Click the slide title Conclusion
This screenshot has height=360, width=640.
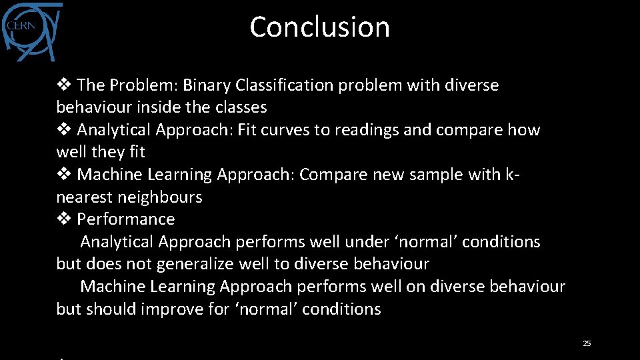coord(319,27)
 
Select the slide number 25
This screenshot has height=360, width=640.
coord(587,343)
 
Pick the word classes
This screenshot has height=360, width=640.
coord(241,107)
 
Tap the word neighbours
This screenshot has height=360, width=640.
coord(160,197)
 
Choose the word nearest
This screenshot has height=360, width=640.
coord(85,197)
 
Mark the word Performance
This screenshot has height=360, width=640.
coord(126,219)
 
